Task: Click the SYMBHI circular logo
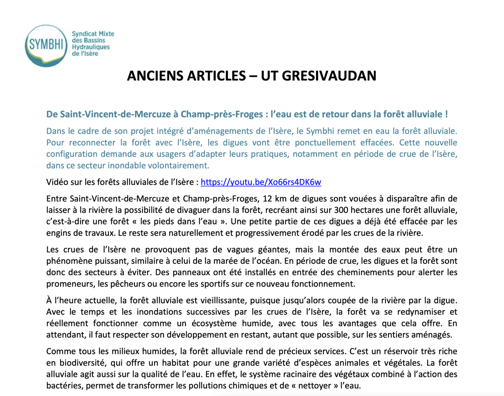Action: (x=46, y=45)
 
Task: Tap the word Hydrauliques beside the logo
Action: (x=91, y=47)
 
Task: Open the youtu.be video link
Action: (x=261, y=182)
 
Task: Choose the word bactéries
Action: (x=64, y=386)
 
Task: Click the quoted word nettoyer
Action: (x=314, y=386)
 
